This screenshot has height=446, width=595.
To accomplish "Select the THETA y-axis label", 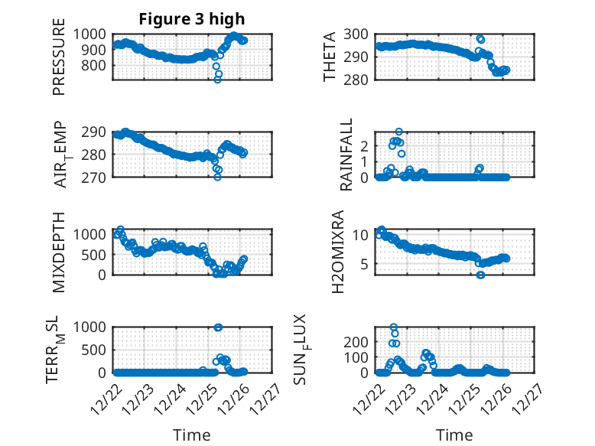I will (x=330, y=57).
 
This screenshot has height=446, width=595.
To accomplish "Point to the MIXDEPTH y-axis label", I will (x=60, y=252).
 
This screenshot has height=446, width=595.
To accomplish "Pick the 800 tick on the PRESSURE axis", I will (x=96, y=66).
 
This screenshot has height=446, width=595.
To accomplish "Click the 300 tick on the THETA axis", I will (x=358, y=34).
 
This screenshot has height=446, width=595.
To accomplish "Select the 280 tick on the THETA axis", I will (x=358, y=80).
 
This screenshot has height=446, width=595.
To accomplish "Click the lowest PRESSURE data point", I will (x=217, y=80).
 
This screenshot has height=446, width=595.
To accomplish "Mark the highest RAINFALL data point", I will (x=398, y=132).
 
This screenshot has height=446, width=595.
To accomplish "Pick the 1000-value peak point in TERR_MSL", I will (x=218, y=327).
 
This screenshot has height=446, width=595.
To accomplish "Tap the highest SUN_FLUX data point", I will (x=394, y=327).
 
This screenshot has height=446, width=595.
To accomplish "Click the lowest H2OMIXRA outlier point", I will (x=480, y=275).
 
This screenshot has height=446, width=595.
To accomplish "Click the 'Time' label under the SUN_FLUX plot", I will (x=454, y=435).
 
